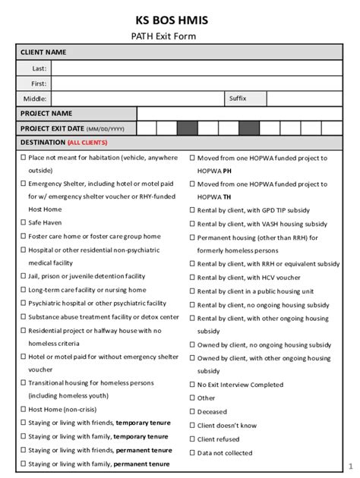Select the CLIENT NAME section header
click(43, 52)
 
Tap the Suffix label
click(238, 99)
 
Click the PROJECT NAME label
click(46, 113)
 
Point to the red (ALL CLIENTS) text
click(87, 143)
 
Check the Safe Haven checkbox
click(23, 223)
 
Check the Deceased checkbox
click(191, 412)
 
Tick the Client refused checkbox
click(191, 439)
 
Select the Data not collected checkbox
click(191, 452)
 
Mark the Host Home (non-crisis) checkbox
click(23, 410)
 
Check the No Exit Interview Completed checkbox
click(191, 385)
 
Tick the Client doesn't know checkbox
click(191, 426)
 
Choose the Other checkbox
click(191, 398)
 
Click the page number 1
click(350, 465)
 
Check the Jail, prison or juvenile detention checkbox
click(23, 277)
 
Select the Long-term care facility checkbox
click(23, 290)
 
